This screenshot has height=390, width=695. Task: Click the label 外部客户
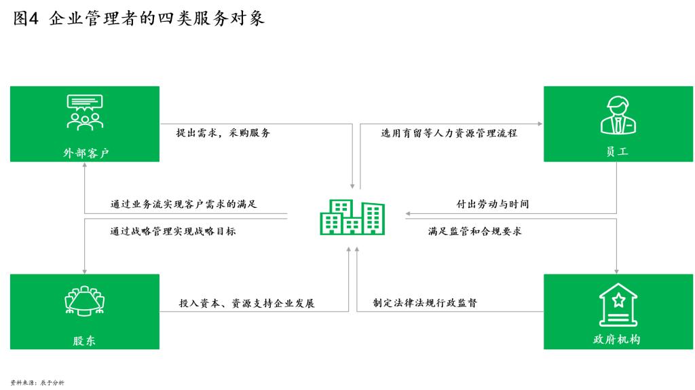[86, 153]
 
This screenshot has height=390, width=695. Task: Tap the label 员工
[617, 152]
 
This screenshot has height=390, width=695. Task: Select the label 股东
[84, 340]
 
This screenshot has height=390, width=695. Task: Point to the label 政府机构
[617, 339]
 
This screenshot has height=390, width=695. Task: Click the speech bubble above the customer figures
[85, 102]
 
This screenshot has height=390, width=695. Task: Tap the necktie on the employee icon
[618, 125]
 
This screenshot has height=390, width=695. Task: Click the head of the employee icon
[618, 106]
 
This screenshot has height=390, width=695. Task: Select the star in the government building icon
[618, 300]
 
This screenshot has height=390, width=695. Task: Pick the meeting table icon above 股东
[85, 301]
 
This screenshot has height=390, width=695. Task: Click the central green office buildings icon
[352, 217]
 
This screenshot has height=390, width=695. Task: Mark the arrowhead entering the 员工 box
[540, 124]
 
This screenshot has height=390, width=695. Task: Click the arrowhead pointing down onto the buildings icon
[352, 186]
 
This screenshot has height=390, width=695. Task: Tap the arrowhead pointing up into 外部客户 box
[85, 165]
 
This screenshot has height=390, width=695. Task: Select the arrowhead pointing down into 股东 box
[85, 271]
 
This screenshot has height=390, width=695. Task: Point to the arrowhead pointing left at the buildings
[408, 213]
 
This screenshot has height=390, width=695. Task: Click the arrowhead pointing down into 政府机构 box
[616, 271]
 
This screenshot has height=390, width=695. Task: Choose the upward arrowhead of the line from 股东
[349, 249]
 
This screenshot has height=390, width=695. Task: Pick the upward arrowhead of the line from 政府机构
[357, 249]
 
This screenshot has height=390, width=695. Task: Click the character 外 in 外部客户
[69, 153]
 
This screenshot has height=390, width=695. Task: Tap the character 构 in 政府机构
[635, 339]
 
